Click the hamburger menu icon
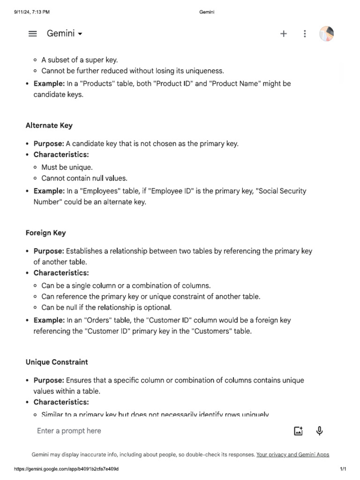pyautogui.click(x=32, y=34)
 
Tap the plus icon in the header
pyautogui.click(x=284, y=34)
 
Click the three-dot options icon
pyautogui.click(x=305, y=34)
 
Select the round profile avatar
pyautogui.click(x=327, y=34)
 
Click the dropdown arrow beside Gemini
pyautogui.click(x=80, y=34)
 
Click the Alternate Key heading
pyautogui.click(x=49, y=126)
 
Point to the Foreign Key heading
pyautogui.click(x=46, y=233)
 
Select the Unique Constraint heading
pyautogui.click(x=57, y=362)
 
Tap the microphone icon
pyautogui.click(x=320, y=431)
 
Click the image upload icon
pyautogui.click(x=298, y=431)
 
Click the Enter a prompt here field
pyautogui.click(x=141, y=431)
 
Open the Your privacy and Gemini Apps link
pyautogui.click(x=292, y=455)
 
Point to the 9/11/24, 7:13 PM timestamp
pyautogui.click(x=32, y=12)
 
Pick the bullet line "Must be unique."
pyautogui.click(x=67, y=167)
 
